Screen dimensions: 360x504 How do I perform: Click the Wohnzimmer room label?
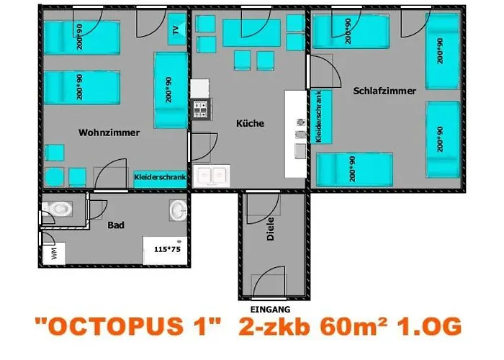(109, 132)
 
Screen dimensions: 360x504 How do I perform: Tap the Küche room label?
(250, 123)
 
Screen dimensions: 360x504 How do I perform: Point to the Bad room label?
(116, 225)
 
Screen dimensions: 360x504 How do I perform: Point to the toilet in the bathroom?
(58, 209)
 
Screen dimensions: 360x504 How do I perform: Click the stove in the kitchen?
(199, 109)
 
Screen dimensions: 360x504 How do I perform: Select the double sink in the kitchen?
(212, 174)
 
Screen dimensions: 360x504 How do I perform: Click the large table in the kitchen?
(251, 32)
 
